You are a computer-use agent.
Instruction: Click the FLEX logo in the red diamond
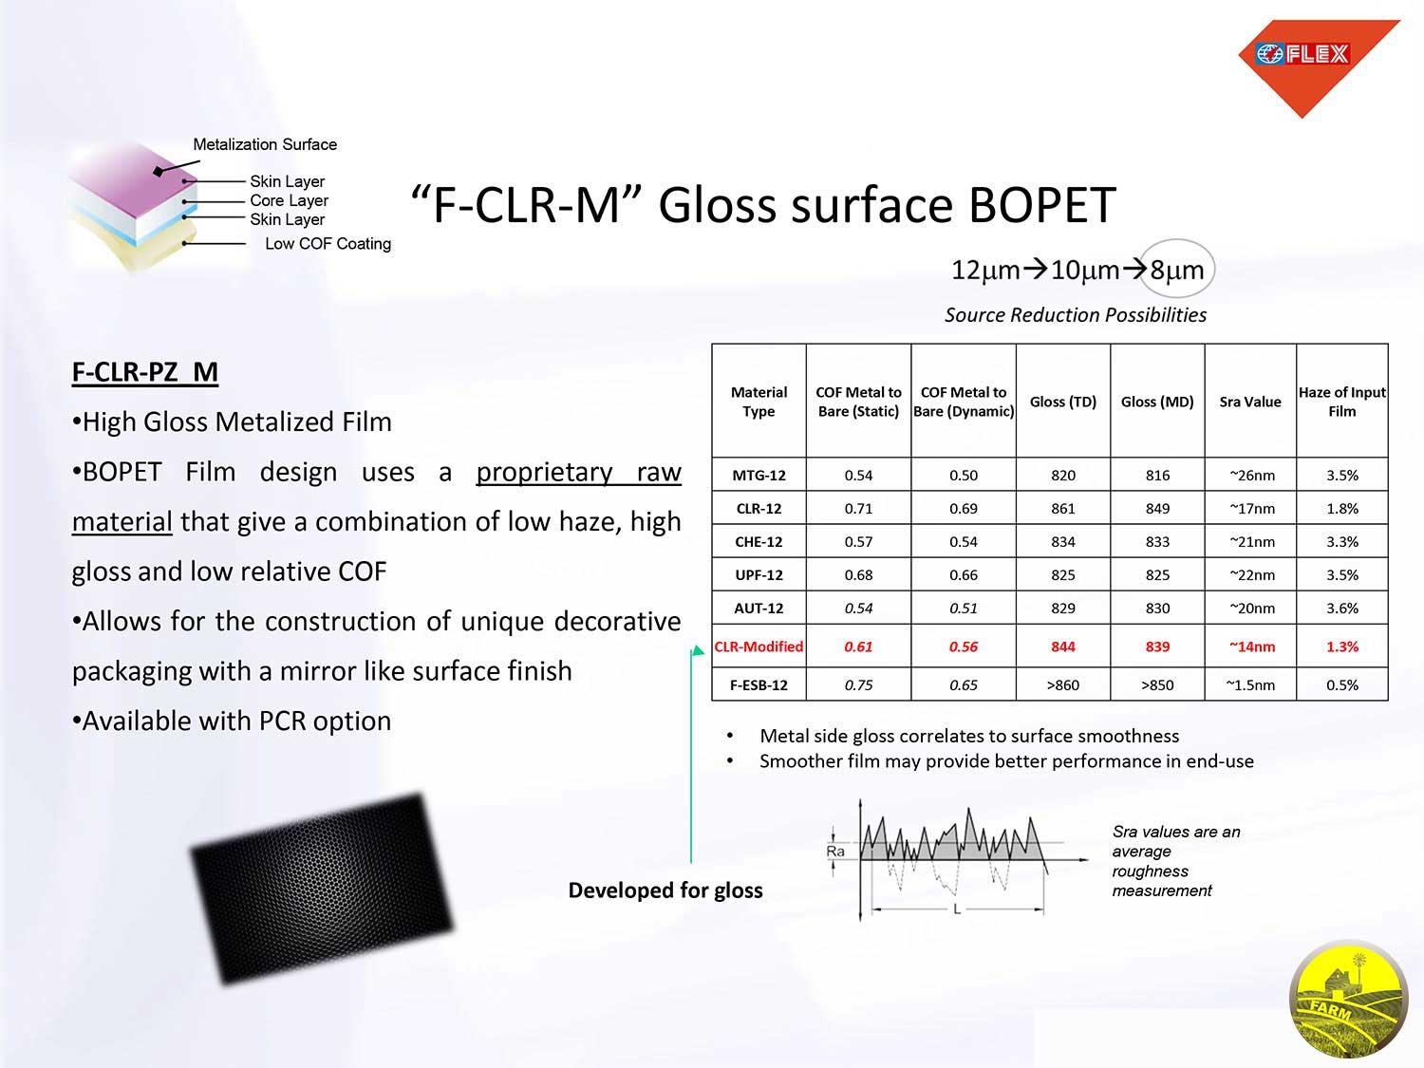1302,54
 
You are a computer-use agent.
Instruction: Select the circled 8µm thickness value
1177,270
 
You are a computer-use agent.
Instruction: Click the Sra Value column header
1250,402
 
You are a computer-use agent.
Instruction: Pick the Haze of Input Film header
1341,402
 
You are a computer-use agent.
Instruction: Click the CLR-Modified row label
759,646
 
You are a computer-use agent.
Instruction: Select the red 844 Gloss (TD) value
1062,646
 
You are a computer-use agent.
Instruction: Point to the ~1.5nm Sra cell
1250,684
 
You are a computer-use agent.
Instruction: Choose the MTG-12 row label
759,476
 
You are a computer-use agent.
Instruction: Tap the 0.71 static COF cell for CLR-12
858,509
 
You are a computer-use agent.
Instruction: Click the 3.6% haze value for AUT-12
1341,609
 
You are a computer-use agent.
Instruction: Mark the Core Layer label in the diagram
290,200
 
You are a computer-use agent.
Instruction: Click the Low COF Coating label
328,244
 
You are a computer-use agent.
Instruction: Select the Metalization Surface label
265,144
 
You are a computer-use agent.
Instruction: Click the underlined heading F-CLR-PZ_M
144,372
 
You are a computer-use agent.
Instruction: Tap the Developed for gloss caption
665,890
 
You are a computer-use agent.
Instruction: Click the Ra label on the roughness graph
835,851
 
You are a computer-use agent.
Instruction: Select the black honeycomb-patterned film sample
322,889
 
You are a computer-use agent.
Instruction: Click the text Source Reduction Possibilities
1076,315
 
